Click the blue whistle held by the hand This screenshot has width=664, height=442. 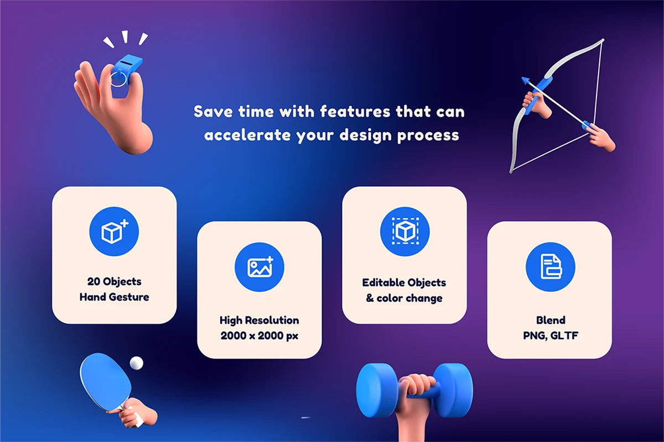pyautogui.click(x=127, y=69)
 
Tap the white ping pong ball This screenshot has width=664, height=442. pyautogui.click(x=136, y=363)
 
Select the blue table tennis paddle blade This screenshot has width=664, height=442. pyautogui.click(x=105, y=381)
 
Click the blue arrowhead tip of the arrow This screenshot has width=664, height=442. pyautogui.click(x=525, y=80)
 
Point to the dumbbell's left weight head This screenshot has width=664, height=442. pyautogui.click(x=377, y=390)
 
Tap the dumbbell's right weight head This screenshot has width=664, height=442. pyautogui.click(x=453, y=390)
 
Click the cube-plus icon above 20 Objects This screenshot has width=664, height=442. pyautogui.click(x=114, y=231)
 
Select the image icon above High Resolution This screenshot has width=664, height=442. pyautogui.click(x=260, y=267)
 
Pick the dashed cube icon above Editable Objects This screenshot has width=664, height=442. pyautogui.click(x=405, y=231)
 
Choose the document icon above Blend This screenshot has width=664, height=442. pyautogui.click(x=551, y=267)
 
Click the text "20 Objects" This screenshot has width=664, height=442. pyautogui.click(x=114, y=282)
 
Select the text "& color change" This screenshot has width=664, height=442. pyautogui.click(x=404, y=298)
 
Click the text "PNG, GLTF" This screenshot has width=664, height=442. pyautogui.click(x=551, y=336)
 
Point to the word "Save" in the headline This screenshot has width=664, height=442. pyautogui.click(x=213, y=112)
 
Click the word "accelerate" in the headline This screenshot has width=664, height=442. pyautogui.click(x=247, y=135)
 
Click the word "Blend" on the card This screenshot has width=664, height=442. pyautogui.click(x=551, y=320)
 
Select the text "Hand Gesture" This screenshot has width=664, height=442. pyautogui.click(x=114, y=297)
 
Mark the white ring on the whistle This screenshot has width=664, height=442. pyautogui.click(x=118, y=79)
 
